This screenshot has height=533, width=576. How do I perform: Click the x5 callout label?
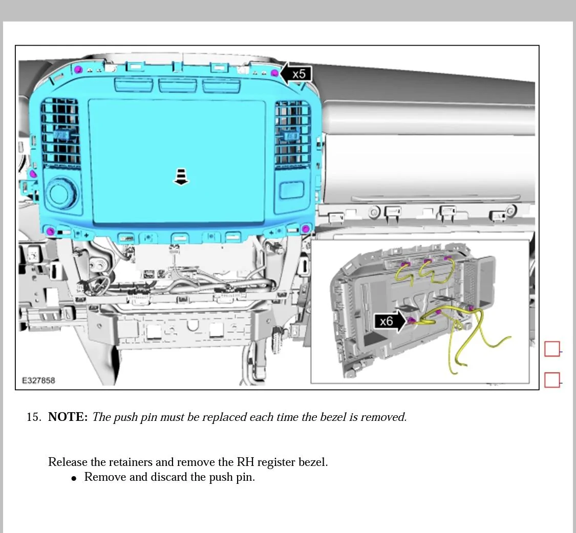(x=298, y=74)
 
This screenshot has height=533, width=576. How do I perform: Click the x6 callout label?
(x=386, y=322)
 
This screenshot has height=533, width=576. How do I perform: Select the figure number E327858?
(x=38, y=381)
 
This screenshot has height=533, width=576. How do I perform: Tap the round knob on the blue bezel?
(x=62, y=194)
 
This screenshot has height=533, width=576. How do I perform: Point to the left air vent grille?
(x=60, y=132)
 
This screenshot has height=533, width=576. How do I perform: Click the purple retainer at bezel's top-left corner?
(x=78, y=70)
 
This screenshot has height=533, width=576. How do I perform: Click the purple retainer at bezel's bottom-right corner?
(x=306, y=228)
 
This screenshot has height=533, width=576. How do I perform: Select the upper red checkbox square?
(x=552, y=349)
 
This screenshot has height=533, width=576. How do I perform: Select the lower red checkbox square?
(x=552, y=380)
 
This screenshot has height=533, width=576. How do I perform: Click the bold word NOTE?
(x=68, y=417)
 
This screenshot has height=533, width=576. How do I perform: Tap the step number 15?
(x=33, y=417)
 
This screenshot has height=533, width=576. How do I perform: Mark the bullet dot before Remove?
(x=74, y=478)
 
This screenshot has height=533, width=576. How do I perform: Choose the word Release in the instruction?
(x=68, y=462)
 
